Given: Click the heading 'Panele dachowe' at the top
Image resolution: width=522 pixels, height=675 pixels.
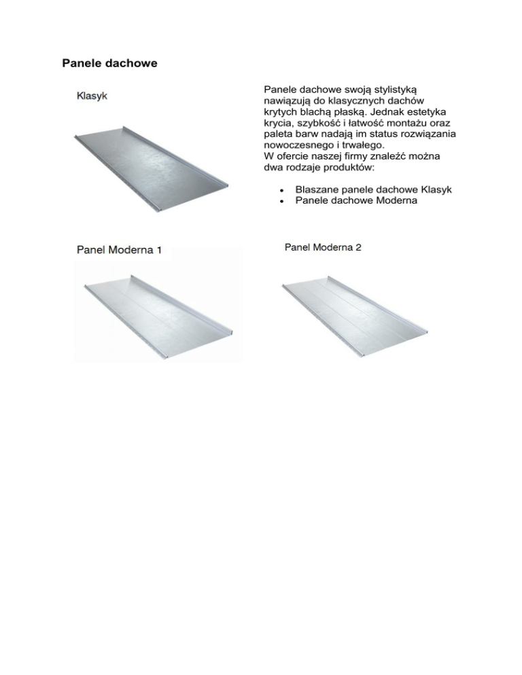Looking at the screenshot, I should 109,64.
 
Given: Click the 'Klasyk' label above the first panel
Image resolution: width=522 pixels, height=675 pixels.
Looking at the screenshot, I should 92,96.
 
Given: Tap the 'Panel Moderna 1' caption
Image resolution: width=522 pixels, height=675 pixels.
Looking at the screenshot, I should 118,250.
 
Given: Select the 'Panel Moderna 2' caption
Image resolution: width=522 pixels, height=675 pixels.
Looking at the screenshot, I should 321,248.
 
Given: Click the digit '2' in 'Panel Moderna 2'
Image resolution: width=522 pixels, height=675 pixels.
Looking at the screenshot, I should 358,248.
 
